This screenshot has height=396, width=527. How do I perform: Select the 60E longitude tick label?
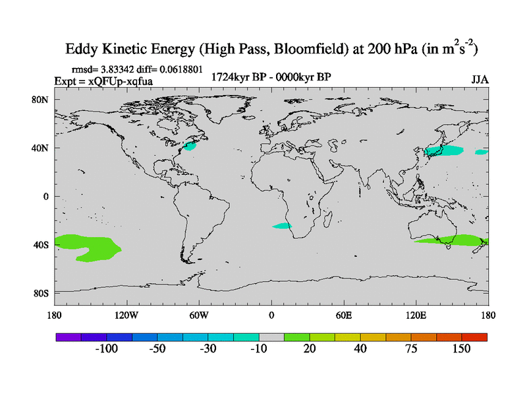tap(344, 315)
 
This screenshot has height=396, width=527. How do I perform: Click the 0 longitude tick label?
tap(271, 315)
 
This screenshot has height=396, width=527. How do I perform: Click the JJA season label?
tap(480, 80)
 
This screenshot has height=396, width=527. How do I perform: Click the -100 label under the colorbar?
tap(106, 348)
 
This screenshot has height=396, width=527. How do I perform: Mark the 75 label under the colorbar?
tap(411, 348)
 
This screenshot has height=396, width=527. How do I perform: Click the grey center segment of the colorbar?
tap(271, 337)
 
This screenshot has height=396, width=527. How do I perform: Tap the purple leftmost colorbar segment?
tap(69, 337)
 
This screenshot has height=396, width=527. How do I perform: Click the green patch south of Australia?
tap(455, 240)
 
